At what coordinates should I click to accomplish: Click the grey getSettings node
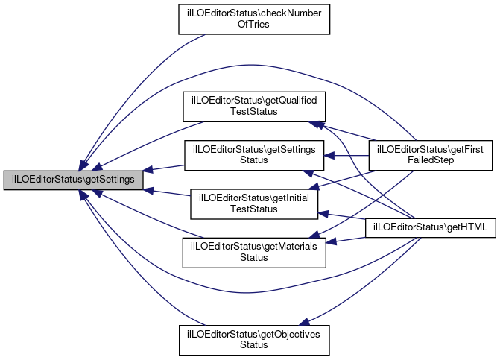(x=72, y=180)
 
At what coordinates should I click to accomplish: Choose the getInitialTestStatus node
(x=255, y=203)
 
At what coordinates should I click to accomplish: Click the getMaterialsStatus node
(x=255, y=252)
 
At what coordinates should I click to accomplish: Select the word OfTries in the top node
(x=253, y=25)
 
